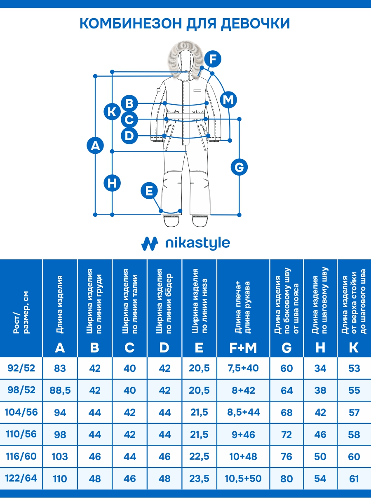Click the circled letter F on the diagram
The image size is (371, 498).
tap(213, 59)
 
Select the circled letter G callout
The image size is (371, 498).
tap(240, 167)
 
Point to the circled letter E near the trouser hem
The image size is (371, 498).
tap(149, 191)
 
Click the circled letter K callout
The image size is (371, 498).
tap(112, 111)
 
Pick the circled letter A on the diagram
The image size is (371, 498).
tap(95, 146)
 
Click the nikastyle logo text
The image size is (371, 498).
tap(197, 243)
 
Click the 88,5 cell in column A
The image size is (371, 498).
tap(60, 390)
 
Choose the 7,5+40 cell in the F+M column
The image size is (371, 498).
tap(243, 368)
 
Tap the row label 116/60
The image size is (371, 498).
tap(21, 456)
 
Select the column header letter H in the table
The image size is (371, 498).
tap(320, 348)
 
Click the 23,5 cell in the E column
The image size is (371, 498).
tap(199, 479)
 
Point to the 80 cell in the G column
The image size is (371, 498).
tap(286, 479)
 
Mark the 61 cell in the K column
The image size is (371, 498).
tap(354, 479)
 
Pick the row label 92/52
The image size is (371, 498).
tap(21, 368)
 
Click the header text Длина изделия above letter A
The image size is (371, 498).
tap(60, 304)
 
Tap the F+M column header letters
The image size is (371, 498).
tap(243, 348)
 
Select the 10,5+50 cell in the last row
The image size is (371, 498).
tap(243, 479)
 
